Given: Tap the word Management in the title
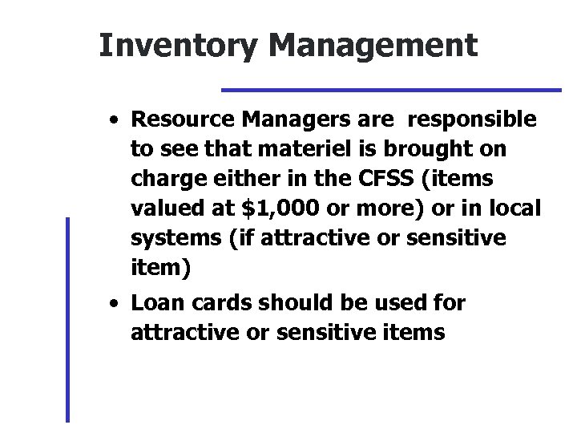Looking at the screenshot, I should [373, 46].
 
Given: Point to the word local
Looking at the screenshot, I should [514, 208].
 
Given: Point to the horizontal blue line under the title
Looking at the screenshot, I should [391, 88].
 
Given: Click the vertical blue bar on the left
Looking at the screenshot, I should [67, 319].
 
